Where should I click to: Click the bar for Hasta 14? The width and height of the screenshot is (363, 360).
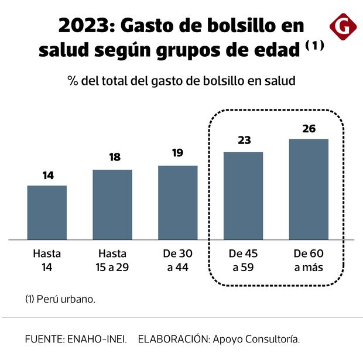[47, 212]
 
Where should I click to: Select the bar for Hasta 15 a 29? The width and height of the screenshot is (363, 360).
[112, 205]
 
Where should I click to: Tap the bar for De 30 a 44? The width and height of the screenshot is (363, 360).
[178, 203]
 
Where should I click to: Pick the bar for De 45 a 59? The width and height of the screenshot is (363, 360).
[244, 196]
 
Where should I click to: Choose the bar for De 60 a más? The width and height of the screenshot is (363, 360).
[309, 189]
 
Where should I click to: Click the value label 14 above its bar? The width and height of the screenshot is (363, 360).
[47, 175]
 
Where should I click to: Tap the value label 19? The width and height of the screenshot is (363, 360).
[178, 153]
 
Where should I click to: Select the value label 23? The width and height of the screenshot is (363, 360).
[244, 140]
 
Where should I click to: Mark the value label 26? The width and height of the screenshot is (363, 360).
[309, 128]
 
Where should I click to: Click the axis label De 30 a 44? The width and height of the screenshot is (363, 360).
[178, 261]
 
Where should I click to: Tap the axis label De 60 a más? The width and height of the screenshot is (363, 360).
[309, 261]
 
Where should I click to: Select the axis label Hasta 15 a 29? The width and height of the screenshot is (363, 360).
[112, 261]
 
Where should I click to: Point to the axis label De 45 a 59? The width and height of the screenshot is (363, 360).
[244, 261]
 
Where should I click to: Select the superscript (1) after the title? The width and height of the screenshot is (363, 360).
[314, 47]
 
